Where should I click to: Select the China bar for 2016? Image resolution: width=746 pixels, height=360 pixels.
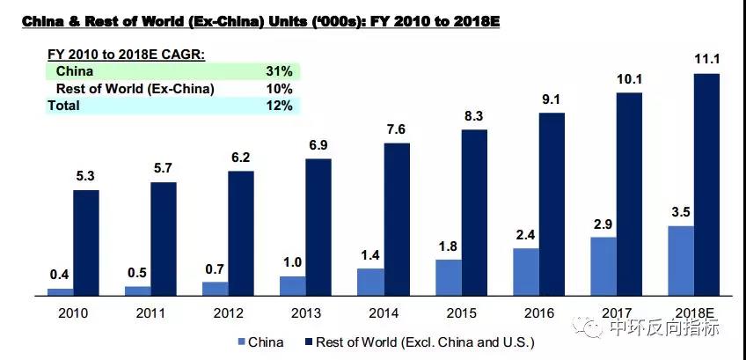coord(525,272)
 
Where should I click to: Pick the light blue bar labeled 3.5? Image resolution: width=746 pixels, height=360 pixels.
coord(681,261)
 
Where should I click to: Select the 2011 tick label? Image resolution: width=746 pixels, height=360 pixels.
coord(151,312)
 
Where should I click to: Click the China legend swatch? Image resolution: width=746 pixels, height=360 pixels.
coord(242,342)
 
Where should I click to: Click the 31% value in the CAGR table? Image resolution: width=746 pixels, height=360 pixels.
coord(279,71)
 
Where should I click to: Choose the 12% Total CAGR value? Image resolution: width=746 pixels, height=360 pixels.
coord(279,106)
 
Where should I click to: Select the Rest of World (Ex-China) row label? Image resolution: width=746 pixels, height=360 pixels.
coord(135,89)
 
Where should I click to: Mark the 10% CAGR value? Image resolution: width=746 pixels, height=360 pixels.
coord(279,89)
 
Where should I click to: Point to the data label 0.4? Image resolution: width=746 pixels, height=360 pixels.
coord(61,276)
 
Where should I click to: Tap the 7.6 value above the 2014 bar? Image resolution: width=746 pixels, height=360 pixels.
coord(397,129)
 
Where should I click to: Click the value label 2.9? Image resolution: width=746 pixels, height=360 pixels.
coord(603,224)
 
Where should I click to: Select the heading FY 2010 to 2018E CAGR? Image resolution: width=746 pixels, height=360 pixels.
coord(126,55)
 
